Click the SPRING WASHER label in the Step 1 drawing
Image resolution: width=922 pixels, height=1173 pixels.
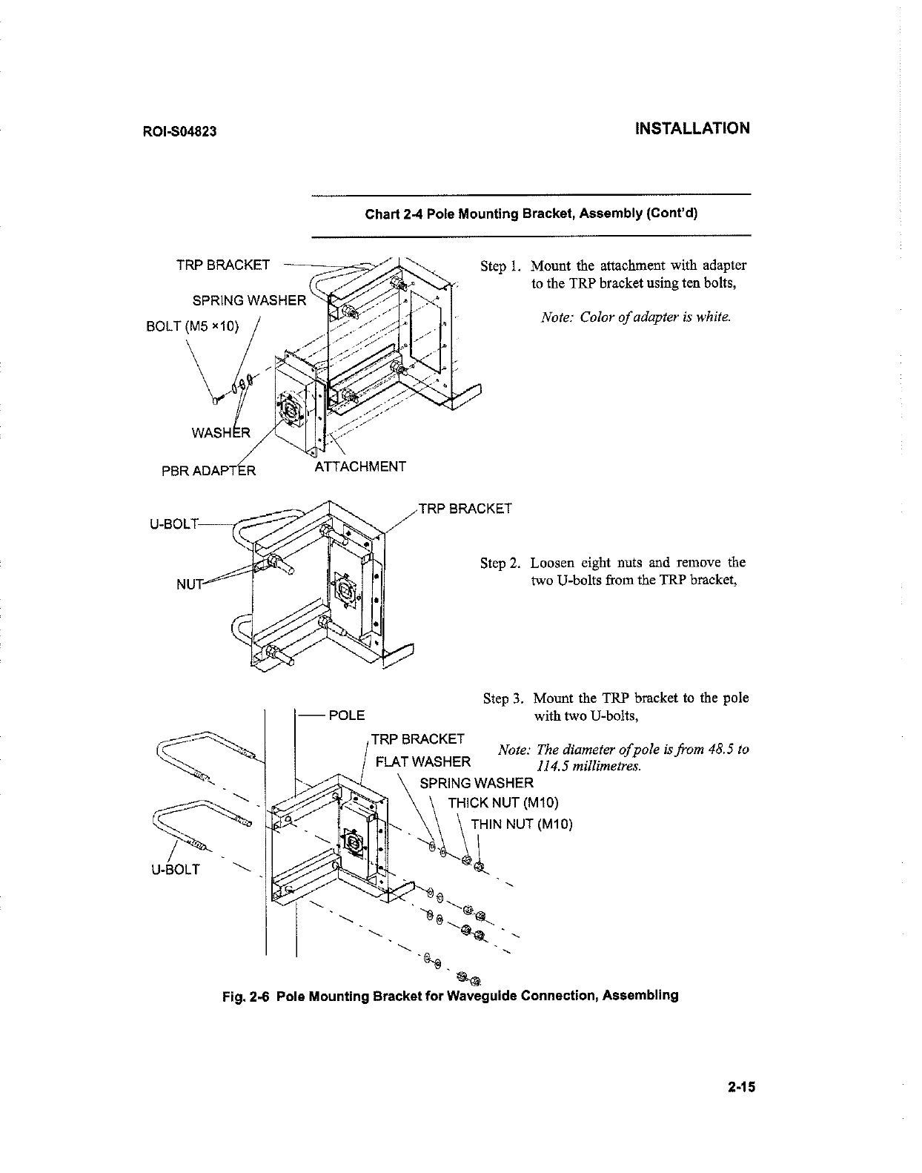coord(249,300)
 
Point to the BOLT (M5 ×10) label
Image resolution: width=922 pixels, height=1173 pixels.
coord(192,326)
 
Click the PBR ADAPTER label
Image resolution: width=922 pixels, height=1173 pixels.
coord(209,471)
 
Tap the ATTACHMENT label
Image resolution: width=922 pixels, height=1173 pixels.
coord(360,466)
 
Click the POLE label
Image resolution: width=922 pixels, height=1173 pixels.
coord(346,715)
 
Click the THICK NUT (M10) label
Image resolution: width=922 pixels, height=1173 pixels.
coord(503,803)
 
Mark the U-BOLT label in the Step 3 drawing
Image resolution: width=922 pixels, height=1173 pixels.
coord(175,869)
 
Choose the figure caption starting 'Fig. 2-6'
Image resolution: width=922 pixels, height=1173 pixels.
coord(451,995)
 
